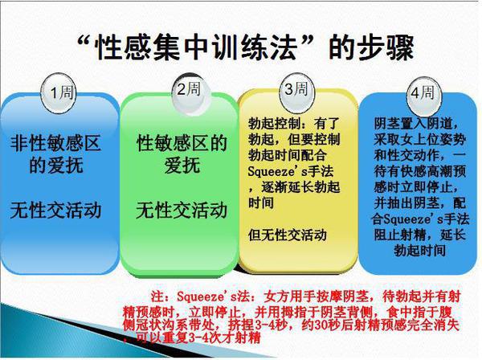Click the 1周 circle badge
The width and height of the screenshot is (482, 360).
(x=59, y=92)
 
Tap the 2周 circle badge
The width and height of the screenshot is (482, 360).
(x=190, y=90)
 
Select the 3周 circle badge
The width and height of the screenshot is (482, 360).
(x=296, y=91)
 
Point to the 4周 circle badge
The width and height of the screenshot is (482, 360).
(x=423, y=92)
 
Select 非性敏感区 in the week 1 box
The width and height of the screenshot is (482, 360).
(x=55, y=144)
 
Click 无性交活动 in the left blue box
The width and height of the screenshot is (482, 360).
(x=55, y=211)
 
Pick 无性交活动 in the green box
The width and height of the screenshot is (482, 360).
(x=182, y=211)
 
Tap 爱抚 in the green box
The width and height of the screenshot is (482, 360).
(x=182, y=166)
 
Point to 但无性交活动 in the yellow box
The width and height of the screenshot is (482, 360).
(x=288, y=235)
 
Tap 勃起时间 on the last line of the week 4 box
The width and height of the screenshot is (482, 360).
(x=420, y=251)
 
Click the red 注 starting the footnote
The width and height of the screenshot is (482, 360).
(x=157, y=297)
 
